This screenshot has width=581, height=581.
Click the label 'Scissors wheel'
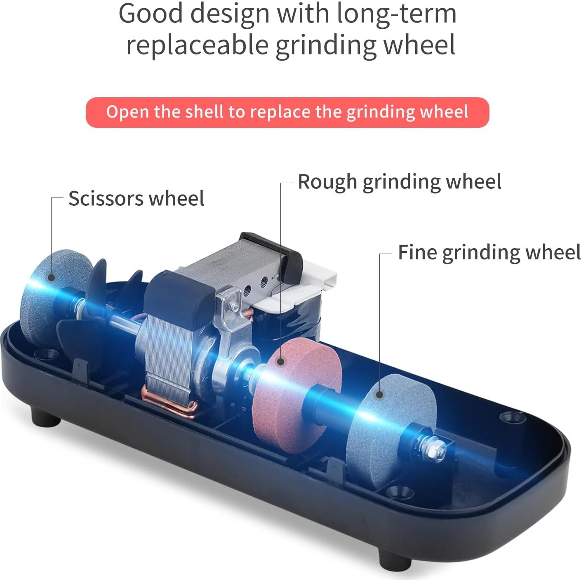(x=136, y=198)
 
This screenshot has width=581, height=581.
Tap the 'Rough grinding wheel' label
(x=400, y=182)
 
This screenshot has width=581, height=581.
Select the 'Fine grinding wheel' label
(x=489, y=252)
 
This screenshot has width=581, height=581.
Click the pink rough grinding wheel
(x=296, y=395)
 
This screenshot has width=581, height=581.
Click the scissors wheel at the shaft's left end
(x=56, y=297)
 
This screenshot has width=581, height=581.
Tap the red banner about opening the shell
(x=287, y=112)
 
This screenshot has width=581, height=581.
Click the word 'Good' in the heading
(x=151, y=14)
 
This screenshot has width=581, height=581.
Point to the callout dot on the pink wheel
(x=281, y=362)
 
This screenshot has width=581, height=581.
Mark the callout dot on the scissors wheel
(x=52, y=278)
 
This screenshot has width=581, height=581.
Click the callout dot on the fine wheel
(x=380, y=394)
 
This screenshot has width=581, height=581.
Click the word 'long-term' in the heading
(x=397, y=14)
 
